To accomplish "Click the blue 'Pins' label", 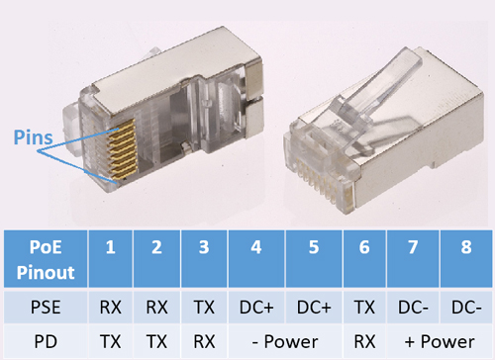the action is (x=33, y=137).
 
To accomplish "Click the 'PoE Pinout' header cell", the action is (x=46, y=259).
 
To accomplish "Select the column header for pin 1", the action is (x=111, y=259).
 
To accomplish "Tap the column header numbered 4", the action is (x=256, y=259).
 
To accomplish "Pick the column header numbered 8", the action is (x=466, y=259).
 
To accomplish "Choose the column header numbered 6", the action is (x=364, y=259).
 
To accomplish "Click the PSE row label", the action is (x=46, y=307).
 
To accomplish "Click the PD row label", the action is (x=46, y=341).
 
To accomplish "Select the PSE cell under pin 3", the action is (x=204, y=307).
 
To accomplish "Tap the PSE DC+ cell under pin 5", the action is (x=314, y=307).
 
